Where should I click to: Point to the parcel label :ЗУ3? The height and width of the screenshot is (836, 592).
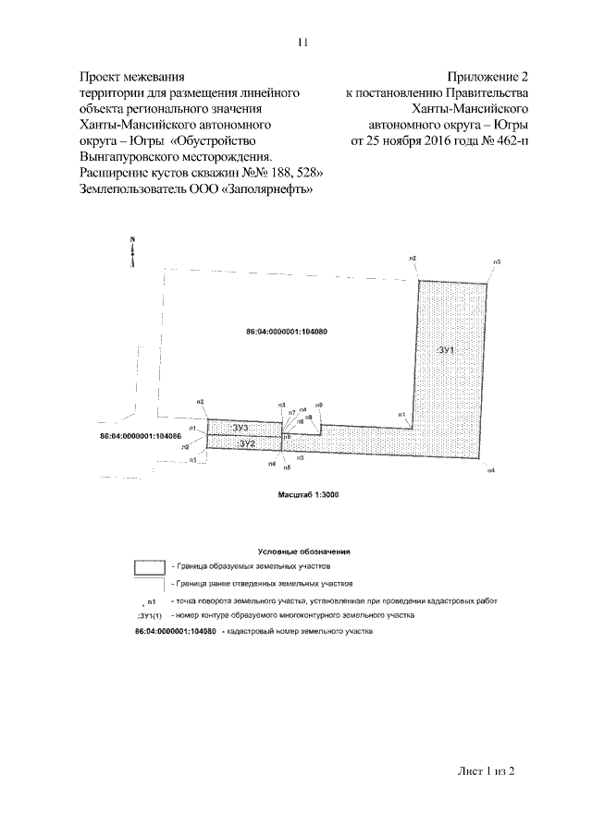[242, 427]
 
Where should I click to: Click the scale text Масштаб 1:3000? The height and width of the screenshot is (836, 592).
[309, 495]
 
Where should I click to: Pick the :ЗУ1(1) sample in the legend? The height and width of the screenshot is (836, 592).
[150, 614]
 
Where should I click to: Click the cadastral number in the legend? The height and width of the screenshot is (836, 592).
[176, 631]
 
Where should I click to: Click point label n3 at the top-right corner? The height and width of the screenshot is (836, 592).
[497, 262]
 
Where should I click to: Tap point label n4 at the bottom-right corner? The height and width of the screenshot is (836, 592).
[491, 471]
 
